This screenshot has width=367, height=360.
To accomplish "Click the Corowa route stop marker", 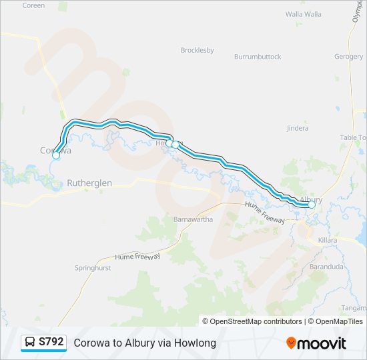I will click(56, 156).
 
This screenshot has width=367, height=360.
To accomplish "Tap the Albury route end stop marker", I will click(312, 205).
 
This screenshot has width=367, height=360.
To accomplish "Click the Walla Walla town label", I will click(304, 13).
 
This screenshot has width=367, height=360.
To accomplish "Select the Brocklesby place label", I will click(198, 50).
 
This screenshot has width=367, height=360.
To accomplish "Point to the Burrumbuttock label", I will click(258, 57).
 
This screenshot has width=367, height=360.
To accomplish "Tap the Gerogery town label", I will click(348, 57).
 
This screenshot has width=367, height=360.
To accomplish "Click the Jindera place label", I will click(297, 128).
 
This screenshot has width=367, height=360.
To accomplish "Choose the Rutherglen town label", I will click(89, 183).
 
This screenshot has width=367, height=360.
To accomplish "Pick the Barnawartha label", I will click(193, 219).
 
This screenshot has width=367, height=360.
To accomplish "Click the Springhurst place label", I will click(93, 268).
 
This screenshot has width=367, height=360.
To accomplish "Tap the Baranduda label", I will click(326, 267).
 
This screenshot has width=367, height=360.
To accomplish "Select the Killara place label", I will click(328, 239).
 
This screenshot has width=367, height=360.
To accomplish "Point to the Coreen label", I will click(33, 5).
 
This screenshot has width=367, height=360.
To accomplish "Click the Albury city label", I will click(312, 199).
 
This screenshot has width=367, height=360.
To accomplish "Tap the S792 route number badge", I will click(51, 342).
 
